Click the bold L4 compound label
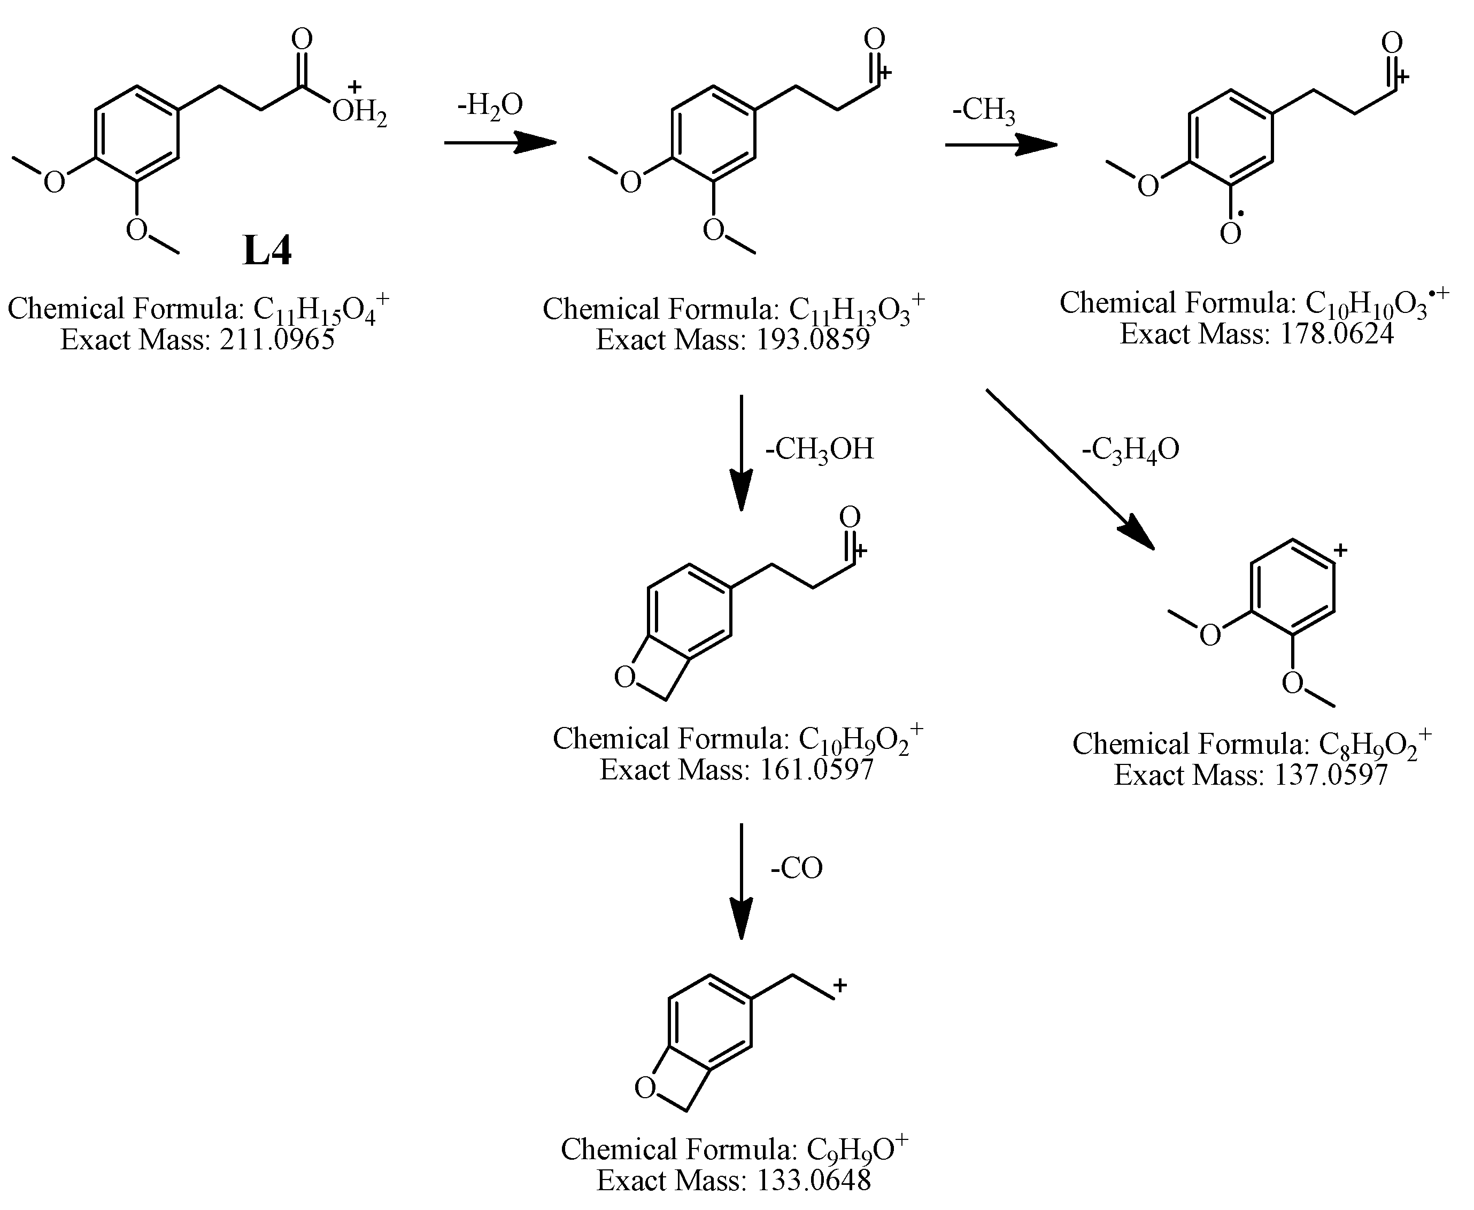coord(267,251)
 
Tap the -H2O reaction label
coord(490,106)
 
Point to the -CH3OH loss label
coord(819,449)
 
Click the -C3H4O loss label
coord(1130,449)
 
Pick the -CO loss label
coord(796,869)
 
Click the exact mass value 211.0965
coord(277,340)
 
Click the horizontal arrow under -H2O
coord(500,143)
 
